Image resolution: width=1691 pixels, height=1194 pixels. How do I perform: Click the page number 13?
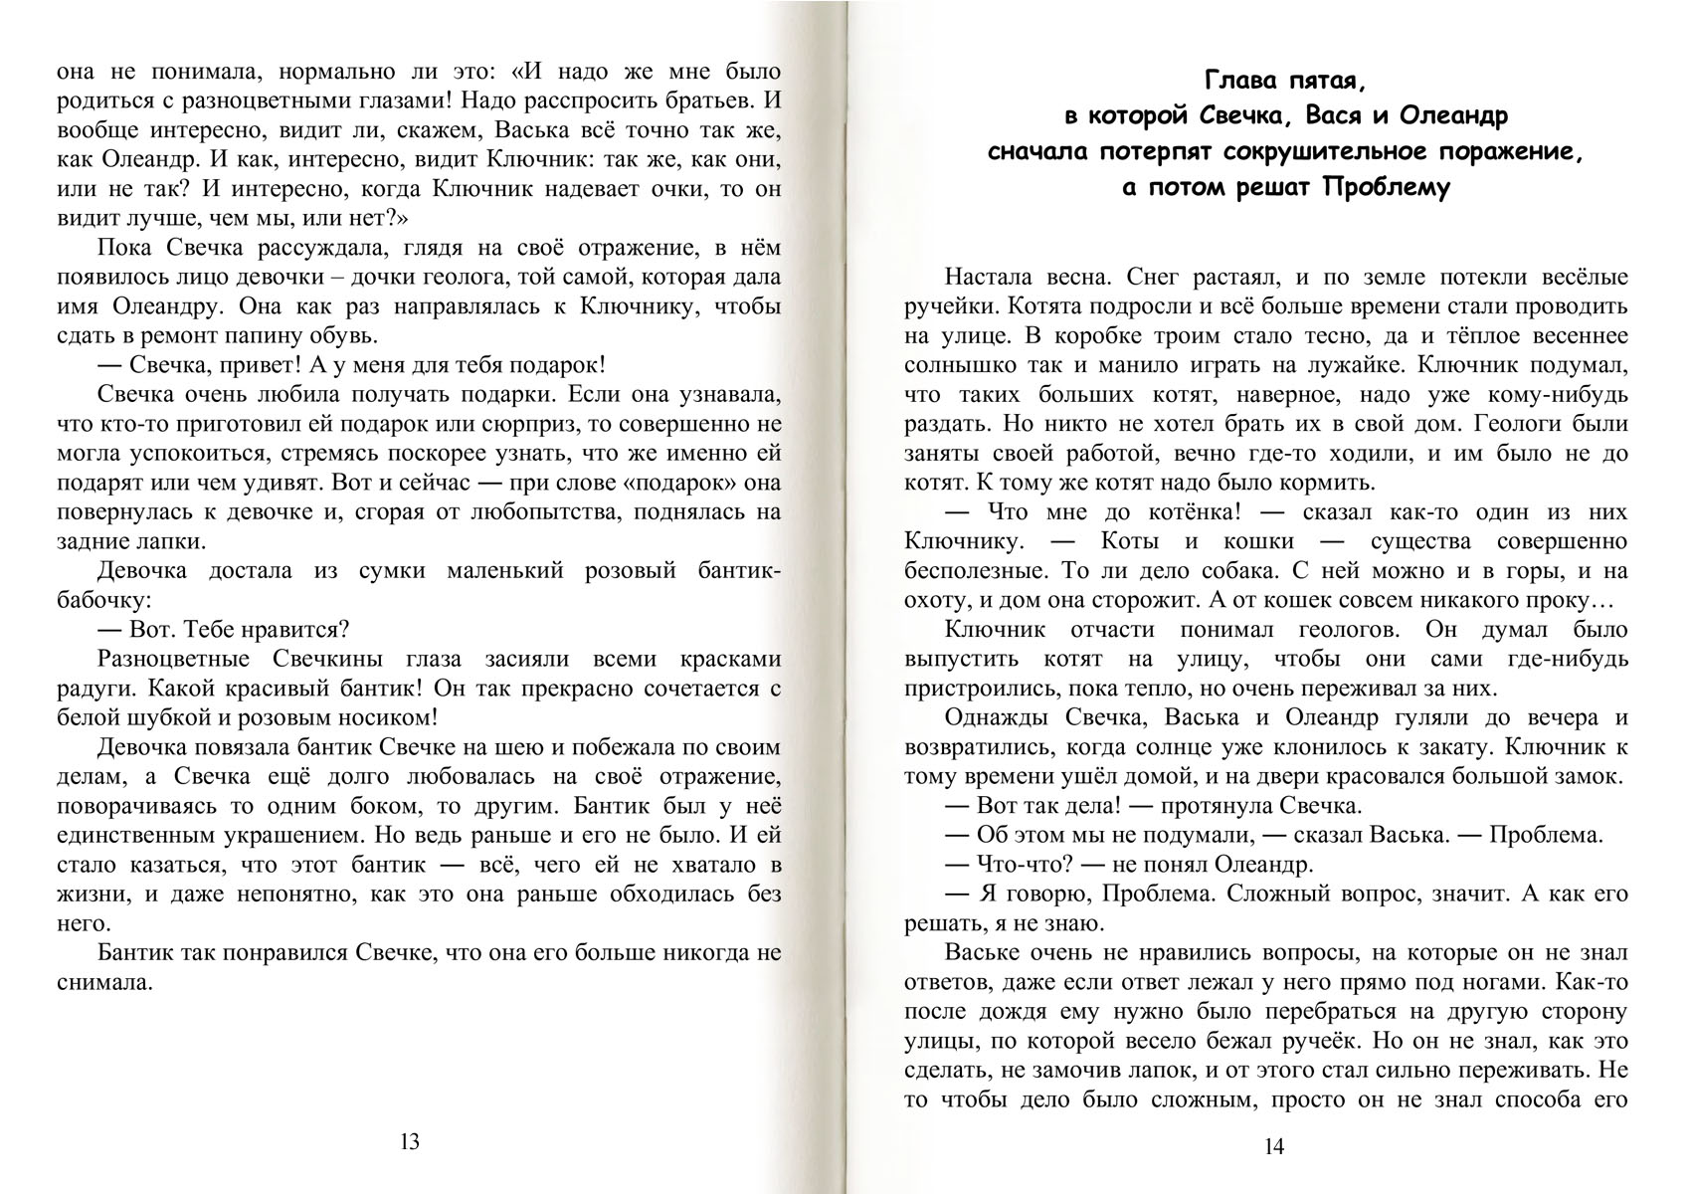coord(410,1141)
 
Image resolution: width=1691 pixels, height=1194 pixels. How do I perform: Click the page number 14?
coord(1274,1146)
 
